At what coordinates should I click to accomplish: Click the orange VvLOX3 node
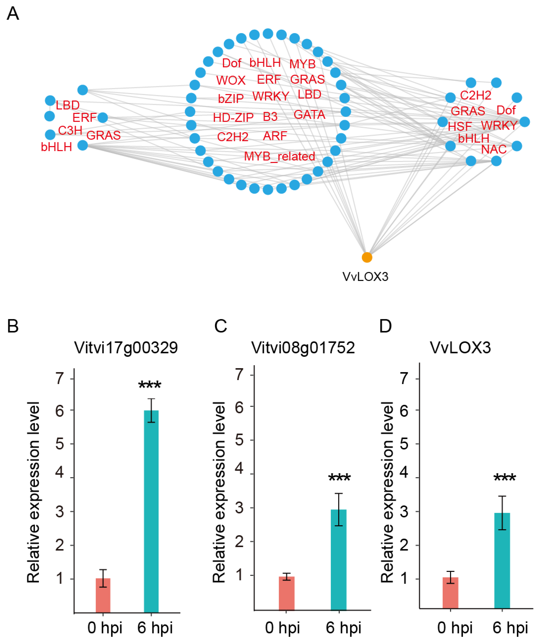pos(367,257)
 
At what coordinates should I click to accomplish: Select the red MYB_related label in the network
pos(279,157)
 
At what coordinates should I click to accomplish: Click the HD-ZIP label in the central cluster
pos(233,117)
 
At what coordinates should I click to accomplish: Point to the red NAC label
pos(493,150)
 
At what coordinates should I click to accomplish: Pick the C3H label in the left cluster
pos(70,131)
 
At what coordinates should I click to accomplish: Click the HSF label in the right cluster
pos(459,126)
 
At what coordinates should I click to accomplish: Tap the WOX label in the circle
pos(231,81)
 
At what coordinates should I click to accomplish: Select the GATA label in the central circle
pos(309,115)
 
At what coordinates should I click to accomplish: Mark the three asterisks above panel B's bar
pos(150,385)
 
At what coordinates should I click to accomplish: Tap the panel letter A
pos(13,13)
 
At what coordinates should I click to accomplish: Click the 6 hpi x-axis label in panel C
pos(343,627)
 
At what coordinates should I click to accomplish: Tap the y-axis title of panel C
pos(219,491)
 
